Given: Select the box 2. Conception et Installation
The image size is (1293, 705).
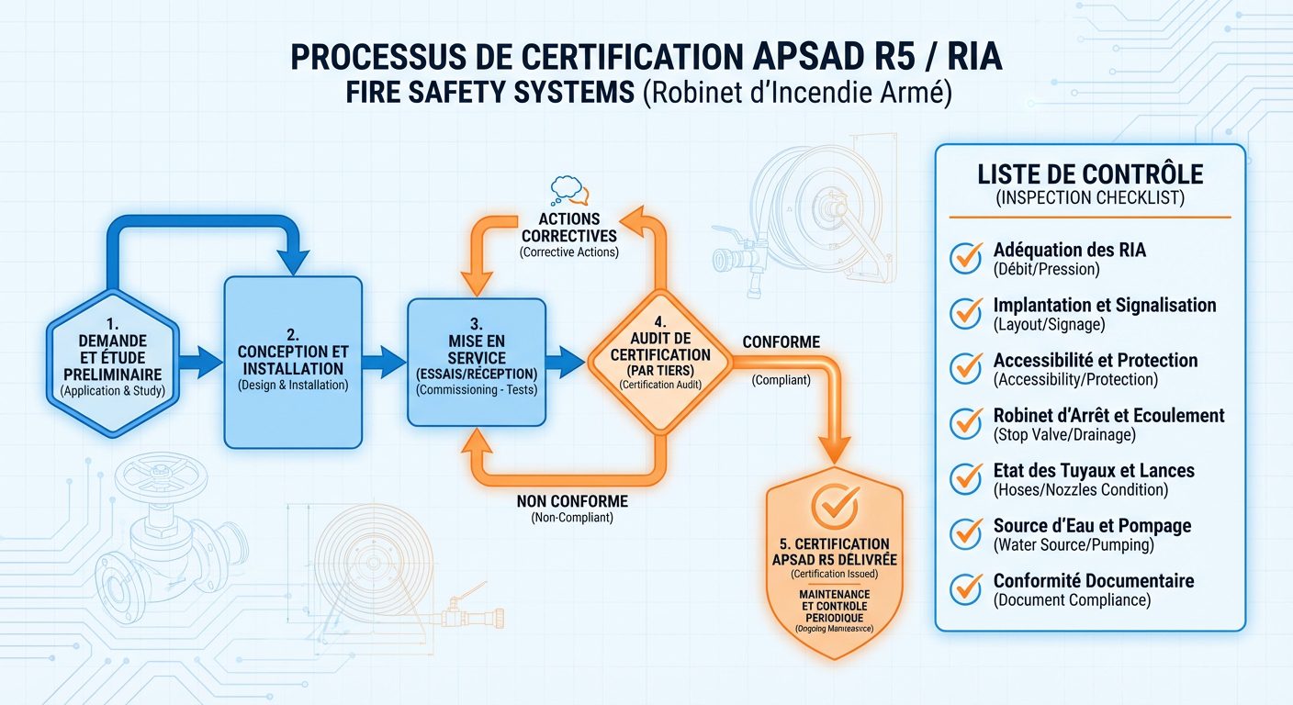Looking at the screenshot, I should click(x=293, y=362).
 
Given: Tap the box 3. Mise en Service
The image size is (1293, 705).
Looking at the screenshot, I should click(x=475, y=362).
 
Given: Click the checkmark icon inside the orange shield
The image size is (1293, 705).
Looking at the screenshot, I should click(x=834, y=503).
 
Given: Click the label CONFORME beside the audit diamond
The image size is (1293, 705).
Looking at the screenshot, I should click(x=781, y=342).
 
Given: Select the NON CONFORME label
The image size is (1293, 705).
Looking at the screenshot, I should click(x=572, y=501).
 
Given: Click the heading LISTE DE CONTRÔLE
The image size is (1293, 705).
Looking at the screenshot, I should click(x=1090, y=174).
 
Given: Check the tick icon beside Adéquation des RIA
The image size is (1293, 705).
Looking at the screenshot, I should click(x=966, y=258).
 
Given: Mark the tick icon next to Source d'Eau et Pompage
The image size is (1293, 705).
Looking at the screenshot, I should click(x=966, y=533).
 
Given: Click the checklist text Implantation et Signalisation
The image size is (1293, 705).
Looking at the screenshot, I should click(x=1104, y=306).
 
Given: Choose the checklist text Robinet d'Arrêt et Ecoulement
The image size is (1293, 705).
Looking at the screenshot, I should click(x=1108, y=416).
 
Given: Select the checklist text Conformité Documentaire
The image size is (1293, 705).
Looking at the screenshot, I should click(x=1093, y=581).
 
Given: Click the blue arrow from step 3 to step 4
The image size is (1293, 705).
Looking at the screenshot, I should click(x=563, y=361).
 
